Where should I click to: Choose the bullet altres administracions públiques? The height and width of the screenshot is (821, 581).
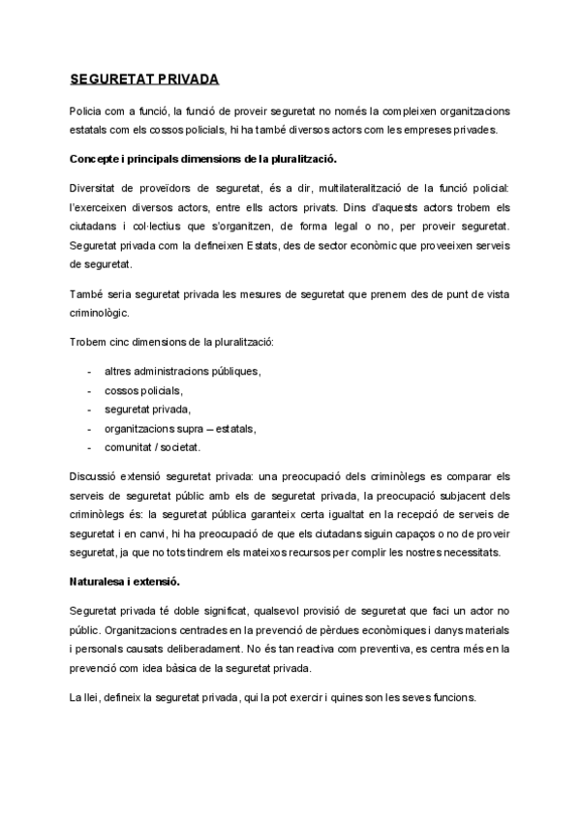[183, 371]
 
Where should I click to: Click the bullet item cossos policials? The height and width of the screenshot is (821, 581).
[142, 390]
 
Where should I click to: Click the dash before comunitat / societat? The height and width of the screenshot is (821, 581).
[89, 446]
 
